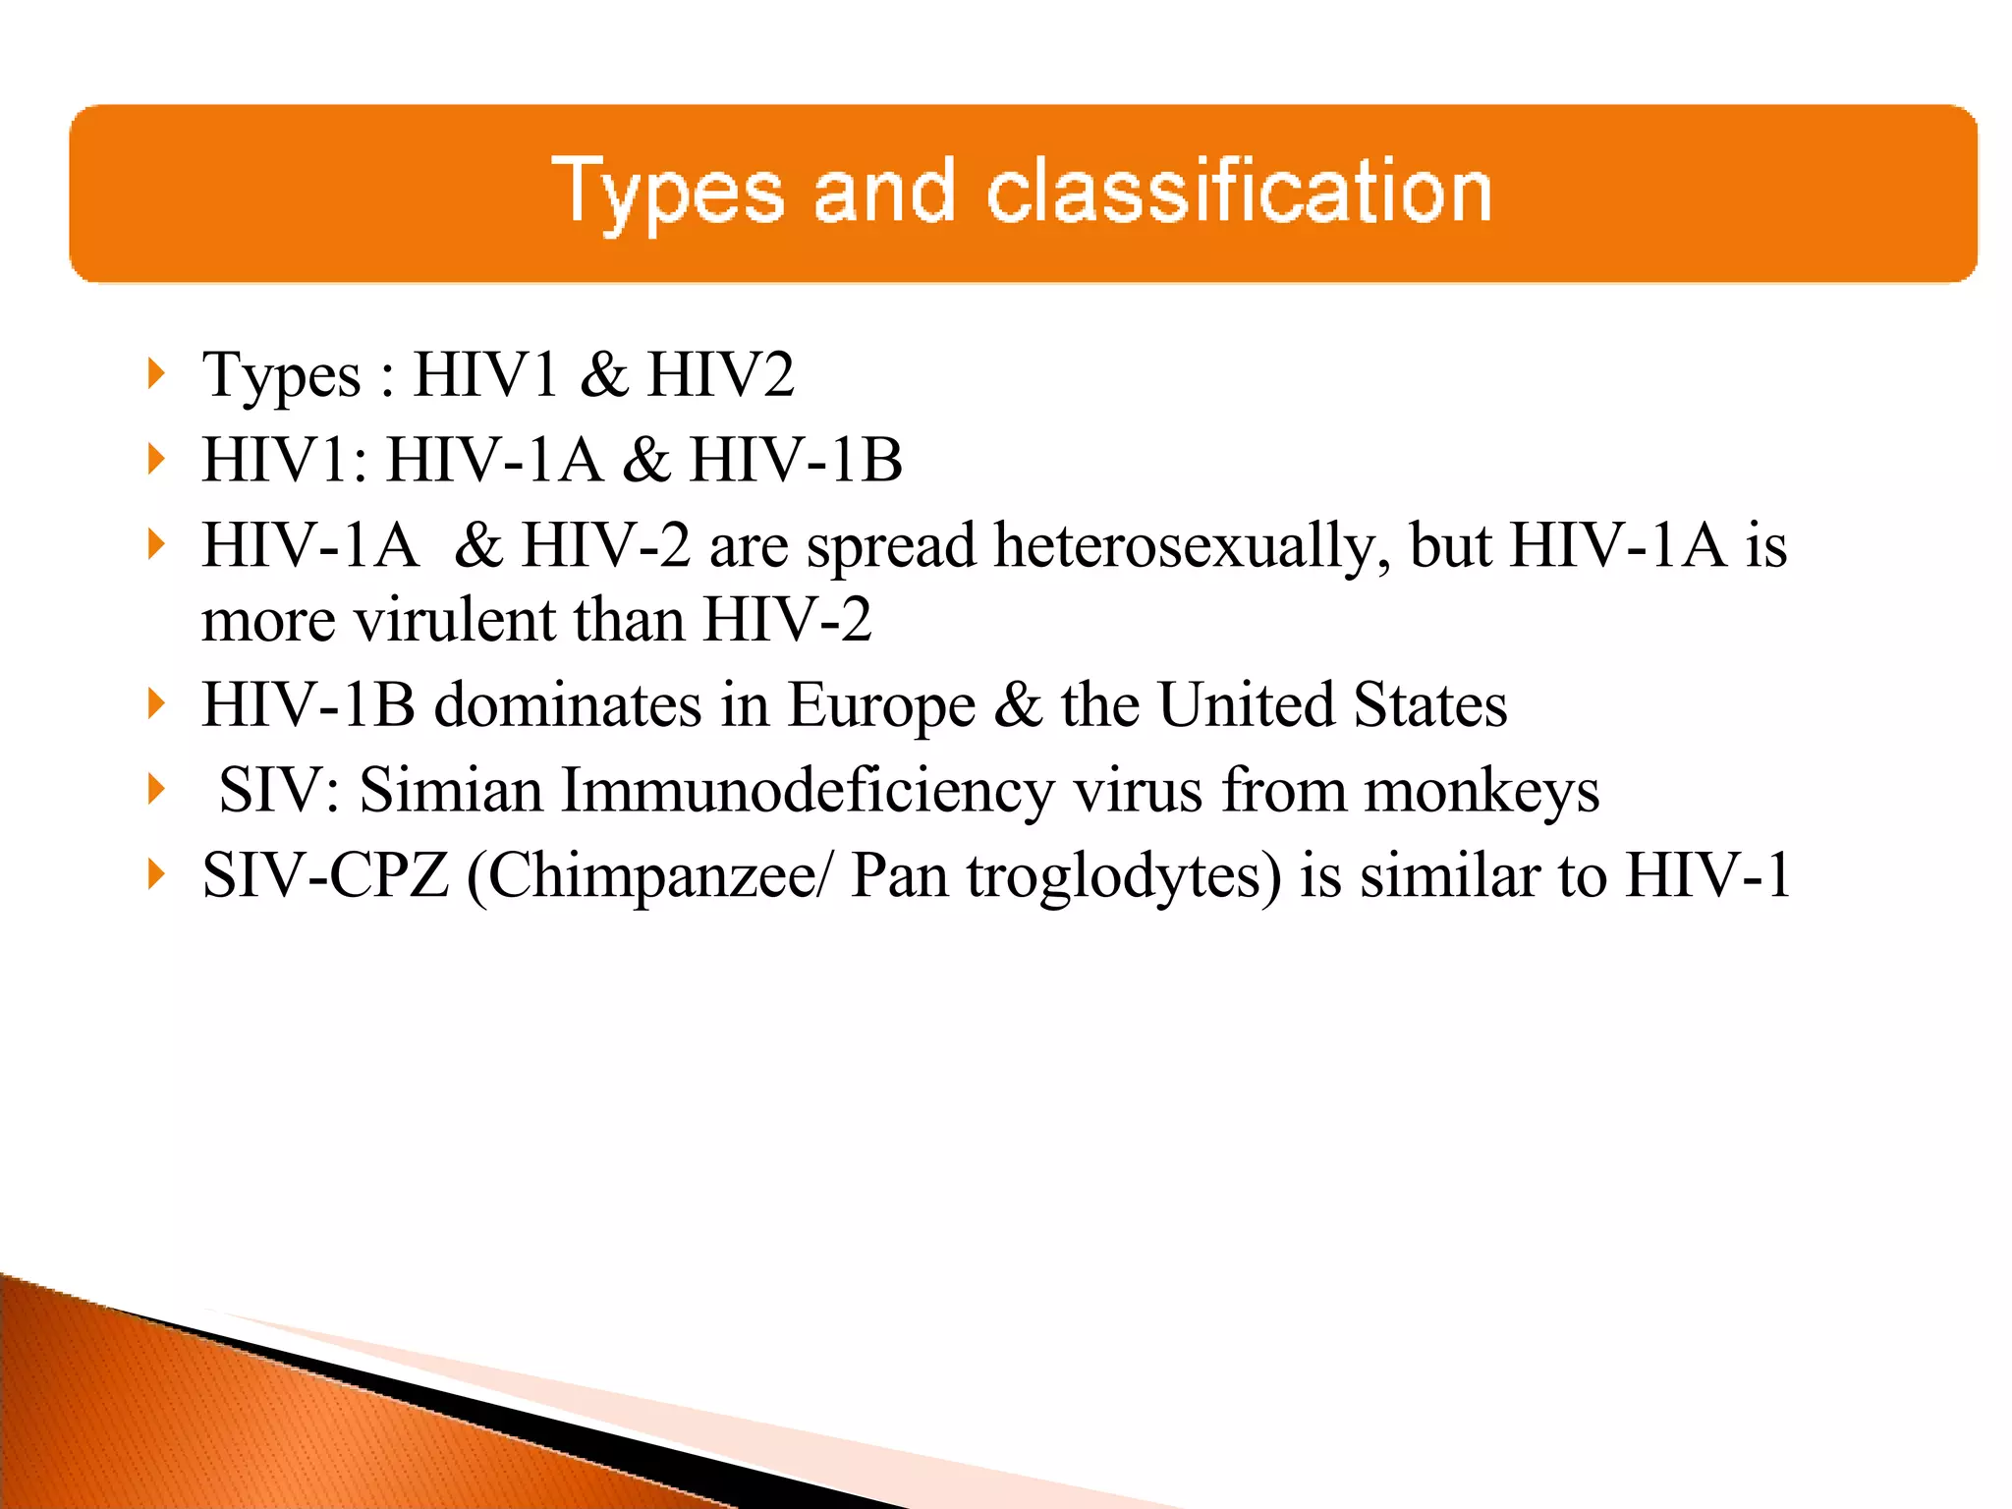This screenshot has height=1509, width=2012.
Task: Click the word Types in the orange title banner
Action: coord(667,194)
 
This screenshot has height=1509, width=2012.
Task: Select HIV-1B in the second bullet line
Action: coord(796,460)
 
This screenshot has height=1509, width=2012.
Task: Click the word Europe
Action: coord(880,706)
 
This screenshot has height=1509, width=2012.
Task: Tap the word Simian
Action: coord(451,790)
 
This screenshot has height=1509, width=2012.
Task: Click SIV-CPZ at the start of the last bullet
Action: coord(325,875)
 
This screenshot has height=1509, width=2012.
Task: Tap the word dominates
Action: coord(568,705)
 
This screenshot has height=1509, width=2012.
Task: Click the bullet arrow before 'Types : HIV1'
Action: coord(154,374)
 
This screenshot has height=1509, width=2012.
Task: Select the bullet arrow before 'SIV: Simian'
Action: coord(154,789)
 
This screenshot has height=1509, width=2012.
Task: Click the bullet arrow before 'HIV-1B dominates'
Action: coord(154,704)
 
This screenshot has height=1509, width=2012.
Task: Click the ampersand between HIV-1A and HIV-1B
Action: coord(645,460)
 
